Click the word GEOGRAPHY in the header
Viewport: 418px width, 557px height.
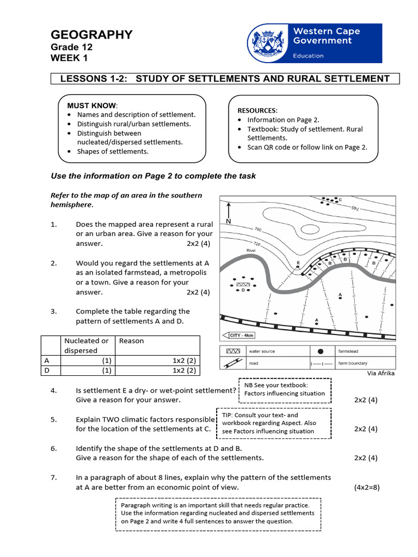[x=91, y=35]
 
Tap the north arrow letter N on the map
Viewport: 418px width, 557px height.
[x=229, y=221]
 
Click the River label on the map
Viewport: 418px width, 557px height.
[x=251, y=250]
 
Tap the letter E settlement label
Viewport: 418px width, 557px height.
[x=298, y=262]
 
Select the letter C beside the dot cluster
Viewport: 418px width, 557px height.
[x=340, y=200]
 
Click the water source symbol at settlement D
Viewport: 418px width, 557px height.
[x=243, y=284]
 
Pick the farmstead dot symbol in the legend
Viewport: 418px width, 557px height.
[x=321, y=351]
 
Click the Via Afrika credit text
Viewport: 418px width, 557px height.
[x=382, y=373]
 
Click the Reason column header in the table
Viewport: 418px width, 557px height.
[x=131, y=341]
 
